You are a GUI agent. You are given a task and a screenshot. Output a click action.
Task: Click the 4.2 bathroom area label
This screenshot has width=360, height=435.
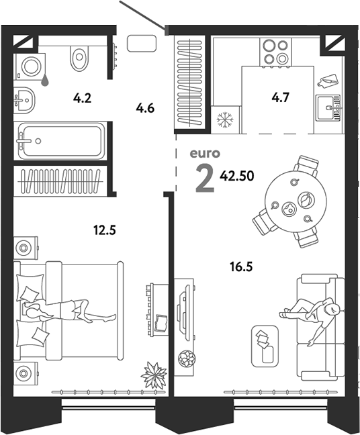coord(82,98)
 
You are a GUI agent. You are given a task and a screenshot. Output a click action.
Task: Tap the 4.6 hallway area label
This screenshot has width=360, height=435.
coord(145,108)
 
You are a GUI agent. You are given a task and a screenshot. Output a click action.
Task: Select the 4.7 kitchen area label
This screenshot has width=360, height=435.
coord(281,97)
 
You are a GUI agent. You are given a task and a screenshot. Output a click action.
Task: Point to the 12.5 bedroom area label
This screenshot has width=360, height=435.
coord(104,230)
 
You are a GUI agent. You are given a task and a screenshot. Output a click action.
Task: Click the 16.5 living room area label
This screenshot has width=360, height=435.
coord(241,267)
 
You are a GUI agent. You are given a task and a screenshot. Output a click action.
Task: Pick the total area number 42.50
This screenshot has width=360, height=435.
coord(237,176)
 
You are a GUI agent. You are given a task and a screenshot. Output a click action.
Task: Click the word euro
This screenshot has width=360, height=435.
coord(205,154)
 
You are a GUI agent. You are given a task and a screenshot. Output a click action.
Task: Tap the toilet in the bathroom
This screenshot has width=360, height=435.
coord(79,58)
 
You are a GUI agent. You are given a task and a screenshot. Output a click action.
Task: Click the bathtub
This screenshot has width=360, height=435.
coord(61,141)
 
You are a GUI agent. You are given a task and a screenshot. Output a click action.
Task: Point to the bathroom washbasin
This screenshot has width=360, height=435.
coord(24,100)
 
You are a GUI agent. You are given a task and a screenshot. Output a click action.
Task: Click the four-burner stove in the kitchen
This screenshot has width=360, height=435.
coord(275,52)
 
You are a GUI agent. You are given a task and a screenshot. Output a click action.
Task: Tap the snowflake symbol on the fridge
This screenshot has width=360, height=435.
coord(225,120)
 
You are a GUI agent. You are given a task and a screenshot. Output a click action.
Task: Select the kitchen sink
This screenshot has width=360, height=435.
coord(328,107)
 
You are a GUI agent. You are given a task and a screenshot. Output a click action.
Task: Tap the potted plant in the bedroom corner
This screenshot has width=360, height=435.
coord(154,375)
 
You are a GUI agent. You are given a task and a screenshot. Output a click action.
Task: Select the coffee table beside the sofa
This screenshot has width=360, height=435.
coord(265,346)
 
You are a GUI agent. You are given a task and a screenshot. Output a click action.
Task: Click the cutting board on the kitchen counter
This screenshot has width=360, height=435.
coord(328,81)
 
